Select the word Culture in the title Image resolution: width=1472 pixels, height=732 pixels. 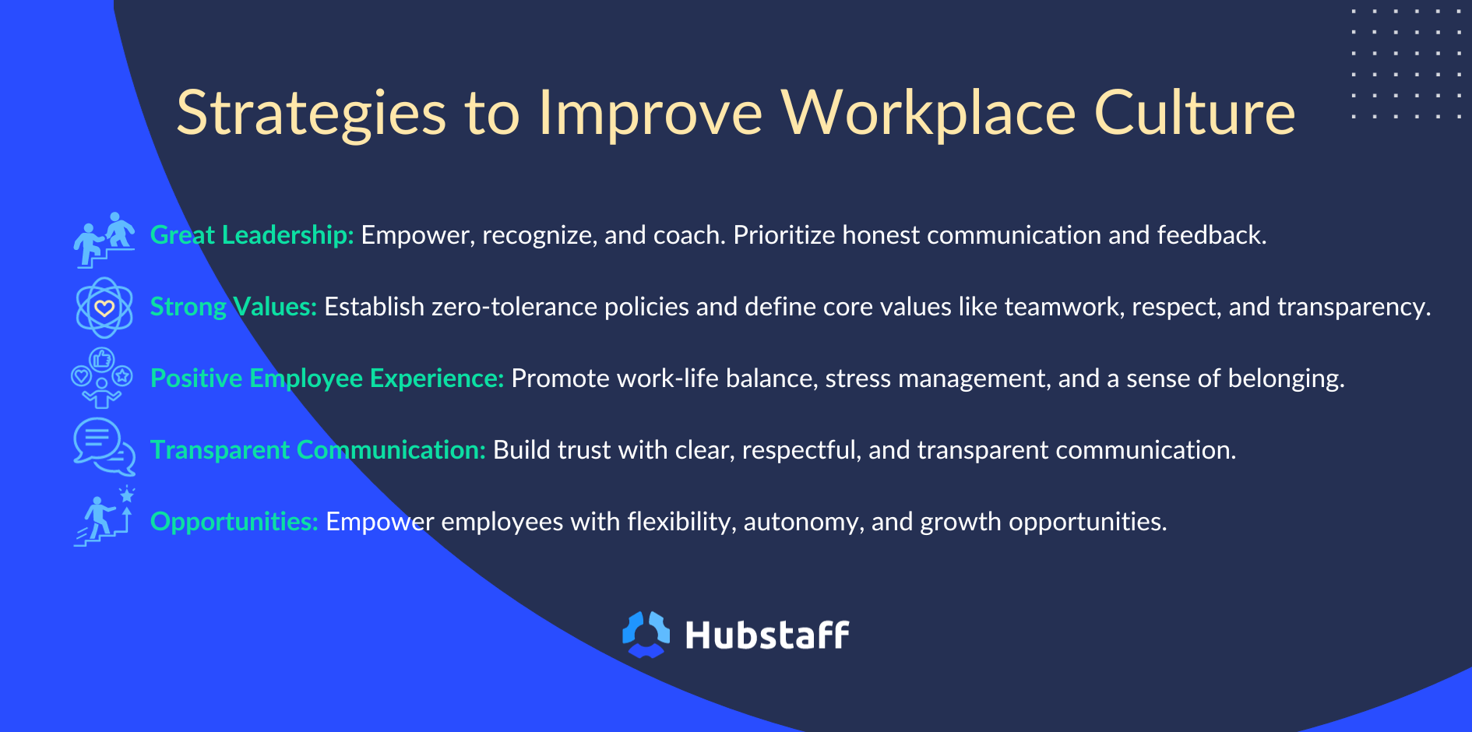pos(1195,113)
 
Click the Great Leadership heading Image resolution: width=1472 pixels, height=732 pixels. pos(252,234)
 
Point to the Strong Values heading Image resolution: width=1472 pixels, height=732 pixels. pos(234,307)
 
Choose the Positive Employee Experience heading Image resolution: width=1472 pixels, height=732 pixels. pos(327,378)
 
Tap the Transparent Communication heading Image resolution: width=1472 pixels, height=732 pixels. pos(318,450)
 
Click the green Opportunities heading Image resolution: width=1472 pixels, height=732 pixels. pos(234,522)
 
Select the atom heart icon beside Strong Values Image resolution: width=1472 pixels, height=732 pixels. pos(104,308)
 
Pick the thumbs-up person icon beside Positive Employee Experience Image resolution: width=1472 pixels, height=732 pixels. pos(102,378)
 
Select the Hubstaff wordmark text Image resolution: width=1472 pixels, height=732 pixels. pos(767,635)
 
